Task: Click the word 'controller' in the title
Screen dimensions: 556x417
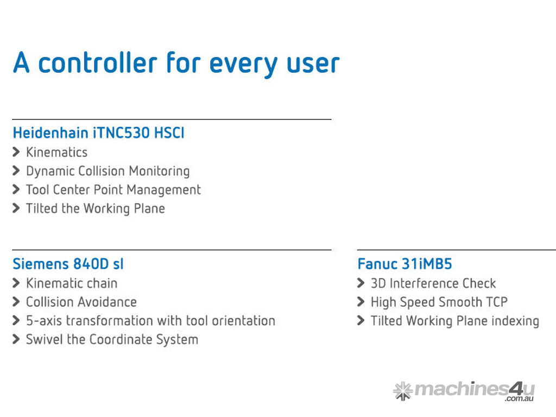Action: coord(98,62)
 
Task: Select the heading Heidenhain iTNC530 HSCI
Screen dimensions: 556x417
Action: coord(99,133)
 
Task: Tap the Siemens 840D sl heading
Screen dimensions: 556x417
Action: coord(68,264)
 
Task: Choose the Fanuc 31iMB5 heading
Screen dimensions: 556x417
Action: coord(405,264)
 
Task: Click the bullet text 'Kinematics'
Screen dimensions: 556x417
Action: coord(56,152)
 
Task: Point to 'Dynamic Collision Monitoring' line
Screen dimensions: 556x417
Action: coord(108,171)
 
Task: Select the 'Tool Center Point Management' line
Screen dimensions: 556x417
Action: coord(113,190)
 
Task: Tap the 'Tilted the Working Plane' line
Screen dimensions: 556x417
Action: coord(96,208)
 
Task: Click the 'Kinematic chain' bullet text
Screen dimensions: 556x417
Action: coord(72,283)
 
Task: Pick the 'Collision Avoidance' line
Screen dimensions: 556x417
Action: coord(81,302)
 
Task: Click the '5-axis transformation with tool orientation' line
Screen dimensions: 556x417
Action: coord(151,320)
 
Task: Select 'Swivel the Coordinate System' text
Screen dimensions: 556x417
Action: coord(112,340)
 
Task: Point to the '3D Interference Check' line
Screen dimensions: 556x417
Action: coord(433,283)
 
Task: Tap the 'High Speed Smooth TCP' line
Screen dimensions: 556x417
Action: coord(439,302)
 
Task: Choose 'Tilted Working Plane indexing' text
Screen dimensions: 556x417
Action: coord(455,321)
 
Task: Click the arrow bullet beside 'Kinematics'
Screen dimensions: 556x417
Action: coord(16,152)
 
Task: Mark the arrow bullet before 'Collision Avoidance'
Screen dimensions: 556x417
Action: coord(16,302)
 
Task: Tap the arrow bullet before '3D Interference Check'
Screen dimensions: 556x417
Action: coord(361,283)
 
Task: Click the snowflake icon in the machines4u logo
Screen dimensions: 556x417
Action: coord(403,391)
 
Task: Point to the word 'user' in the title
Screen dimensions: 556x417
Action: coord(313,63)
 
